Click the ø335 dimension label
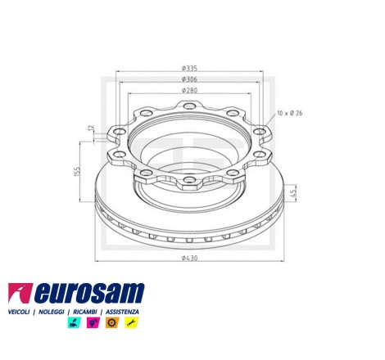[189, 68]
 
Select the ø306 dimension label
[189, 79]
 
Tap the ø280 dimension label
[189, 90]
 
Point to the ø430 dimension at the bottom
[189, 258]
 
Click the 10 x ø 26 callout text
[290, 113]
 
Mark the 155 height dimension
[77, 172]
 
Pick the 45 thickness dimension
[292, 193]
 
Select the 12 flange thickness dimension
[91, 128]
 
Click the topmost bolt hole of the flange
[189, 106]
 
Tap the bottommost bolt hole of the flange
[189, 179]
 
